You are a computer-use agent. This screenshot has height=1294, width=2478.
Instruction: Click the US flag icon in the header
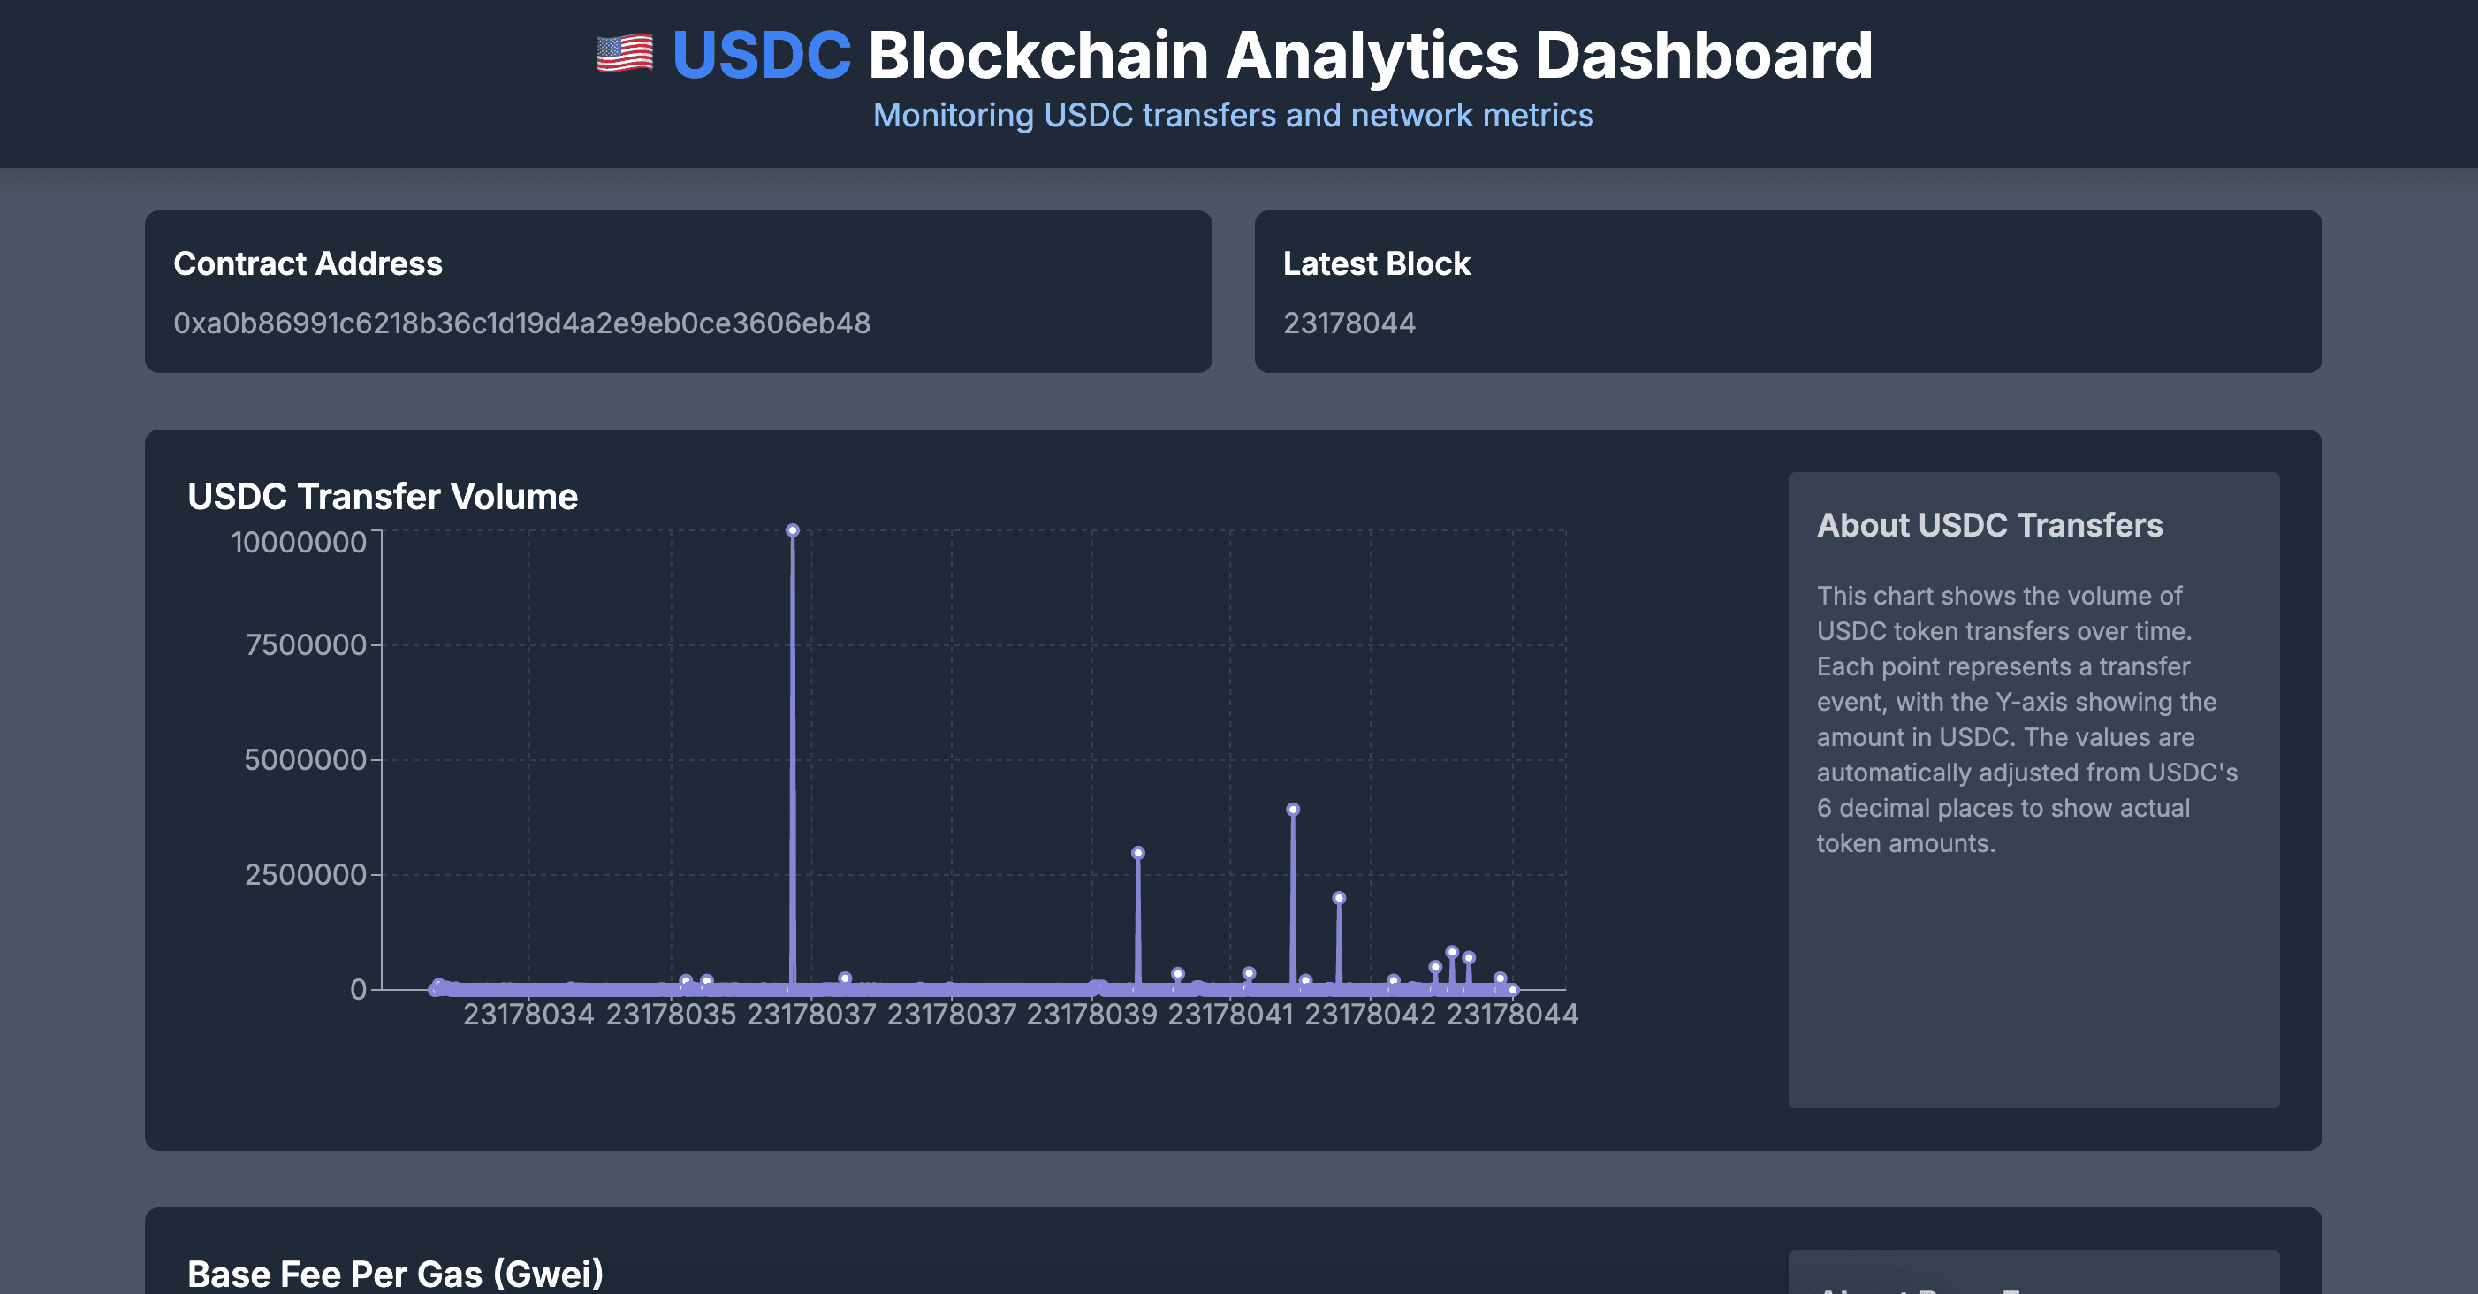(624, 54)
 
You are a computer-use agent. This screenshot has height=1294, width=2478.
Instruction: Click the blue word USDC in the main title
(761, 55)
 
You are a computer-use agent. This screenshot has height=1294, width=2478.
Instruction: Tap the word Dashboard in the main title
(1704, 55)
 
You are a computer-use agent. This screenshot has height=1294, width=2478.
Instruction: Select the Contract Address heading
(308, 263)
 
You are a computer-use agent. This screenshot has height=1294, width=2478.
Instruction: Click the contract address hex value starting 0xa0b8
(521, 323)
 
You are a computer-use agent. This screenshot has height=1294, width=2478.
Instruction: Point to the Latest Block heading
(1376, 263)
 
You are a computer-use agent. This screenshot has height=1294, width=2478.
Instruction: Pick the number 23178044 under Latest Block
(1349, 323)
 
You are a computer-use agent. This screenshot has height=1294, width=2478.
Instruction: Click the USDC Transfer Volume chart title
(382, 497)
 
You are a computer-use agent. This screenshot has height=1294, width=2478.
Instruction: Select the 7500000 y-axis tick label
(305, 644)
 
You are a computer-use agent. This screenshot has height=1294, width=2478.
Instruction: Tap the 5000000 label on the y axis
(305, 760)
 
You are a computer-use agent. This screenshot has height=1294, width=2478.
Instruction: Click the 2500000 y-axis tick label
(305, 874)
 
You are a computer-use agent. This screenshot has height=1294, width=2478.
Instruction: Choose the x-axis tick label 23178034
(528, 1014)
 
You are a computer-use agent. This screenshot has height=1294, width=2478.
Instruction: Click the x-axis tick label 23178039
(1091, 1014)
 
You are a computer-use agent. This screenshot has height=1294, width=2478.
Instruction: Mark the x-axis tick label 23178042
(1369, 1014)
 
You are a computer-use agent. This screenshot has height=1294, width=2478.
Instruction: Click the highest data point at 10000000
(792, 530)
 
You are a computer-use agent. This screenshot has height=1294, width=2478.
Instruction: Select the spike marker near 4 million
(1292, 810)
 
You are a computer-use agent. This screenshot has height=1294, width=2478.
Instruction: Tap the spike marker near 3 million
(1137, 853)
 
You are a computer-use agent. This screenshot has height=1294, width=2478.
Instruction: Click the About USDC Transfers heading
(1988, 525)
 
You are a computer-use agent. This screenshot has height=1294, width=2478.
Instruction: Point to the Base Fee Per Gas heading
(394, 1274)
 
